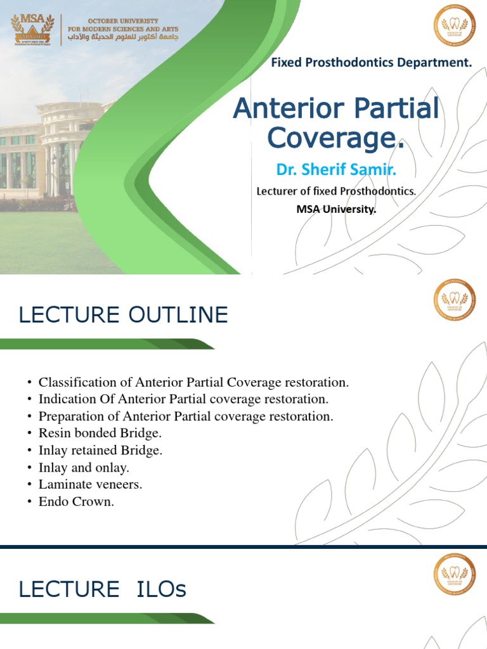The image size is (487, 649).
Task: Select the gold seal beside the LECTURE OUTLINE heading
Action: pyautogui.click(x=454, y=300)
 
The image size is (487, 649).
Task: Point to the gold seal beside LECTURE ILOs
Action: pyautogui.click(x=454, y=574)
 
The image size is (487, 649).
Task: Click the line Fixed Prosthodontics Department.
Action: pyautogui.click(x=372, y=62)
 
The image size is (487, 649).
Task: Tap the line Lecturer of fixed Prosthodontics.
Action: pyautogui.click(x=336, y=191)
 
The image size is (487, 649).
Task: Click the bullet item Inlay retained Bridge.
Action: pyautogui.click(x=100, y=451)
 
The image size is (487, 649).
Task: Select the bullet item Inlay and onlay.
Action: pyautogui.click(x=84, y=468)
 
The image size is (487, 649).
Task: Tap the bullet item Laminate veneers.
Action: pyautogui.click(x=90, y=485)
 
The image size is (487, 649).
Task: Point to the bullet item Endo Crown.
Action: pyautogui.click(x=76, y=502)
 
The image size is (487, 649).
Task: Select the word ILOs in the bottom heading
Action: pyautogui.click(x=161, y=589)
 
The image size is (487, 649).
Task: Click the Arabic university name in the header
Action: pyautogui.click(x=123, y=40)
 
